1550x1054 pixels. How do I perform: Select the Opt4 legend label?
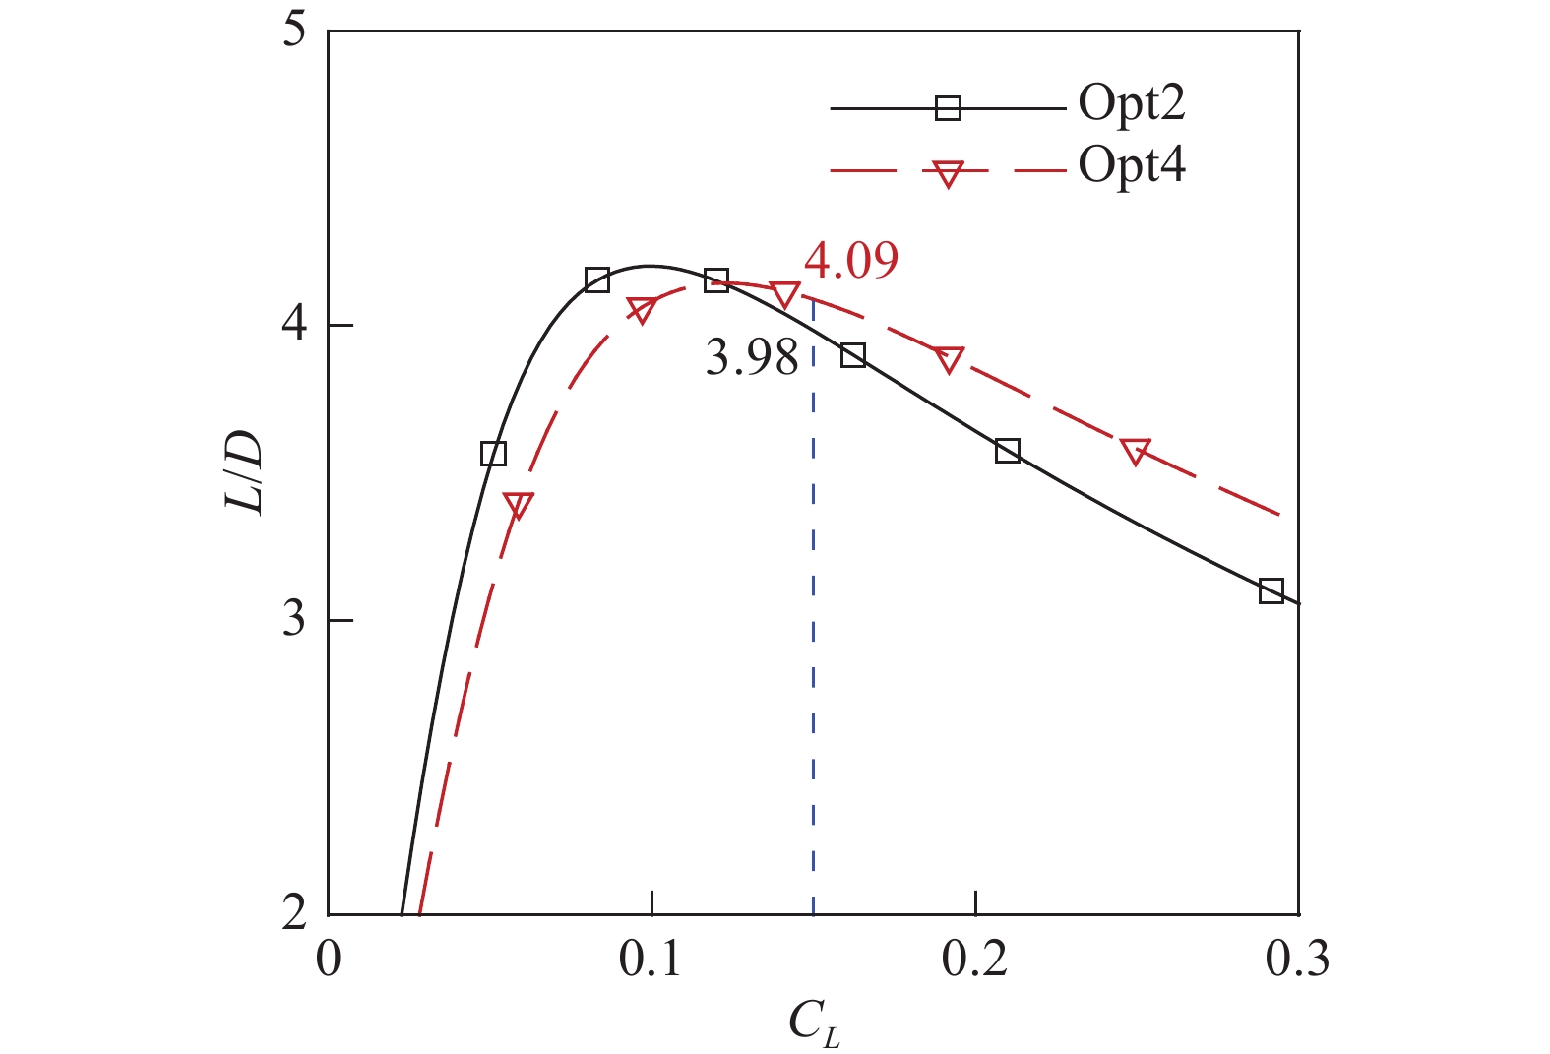pyautogui.click(x=1132, y=166)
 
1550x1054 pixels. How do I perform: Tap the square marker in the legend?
pyautogui.click(x=948, y=108)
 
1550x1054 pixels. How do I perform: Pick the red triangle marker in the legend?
pyautogui.click(x=948, y=174)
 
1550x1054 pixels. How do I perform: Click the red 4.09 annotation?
pyautogui.click(x=851, y=261)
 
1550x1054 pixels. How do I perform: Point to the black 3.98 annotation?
pyautogui.click(x=752, y=358)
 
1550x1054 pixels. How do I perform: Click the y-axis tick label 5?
pyautogui.click(x=294, y=31)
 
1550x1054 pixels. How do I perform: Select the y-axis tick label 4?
pyautogui.click(x=294, y=325)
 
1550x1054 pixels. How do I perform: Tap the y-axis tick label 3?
pyautogui.click(x=294, y=619)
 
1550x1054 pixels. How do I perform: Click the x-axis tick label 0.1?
pyautogui.click(x=650, y=960)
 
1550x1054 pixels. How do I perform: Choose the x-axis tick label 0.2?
pyautogui.click(x=974, y=960)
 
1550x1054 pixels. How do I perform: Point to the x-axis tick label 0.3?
pyautogui.click(x=1297, y=960)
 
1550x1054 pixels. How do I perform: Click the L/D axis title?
pyautogui.click(x=245, y=472)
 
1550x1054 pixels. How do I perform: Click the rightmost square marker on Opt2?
pyautogui.click(x=1271, y=591)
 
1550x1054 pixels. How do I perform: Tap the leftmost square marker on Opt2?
pyautogui.click(x=493, y=454)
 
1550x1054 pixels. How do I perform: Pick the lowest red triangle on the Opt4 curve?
pyautogui.click(x=519, y=505)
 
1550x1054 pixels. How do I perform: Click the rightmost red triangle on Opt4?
pyautogui.click(x=1135, y=451)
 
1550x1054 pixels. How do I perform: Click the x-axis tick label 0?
pyautogui.click(x=328, y=960)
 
